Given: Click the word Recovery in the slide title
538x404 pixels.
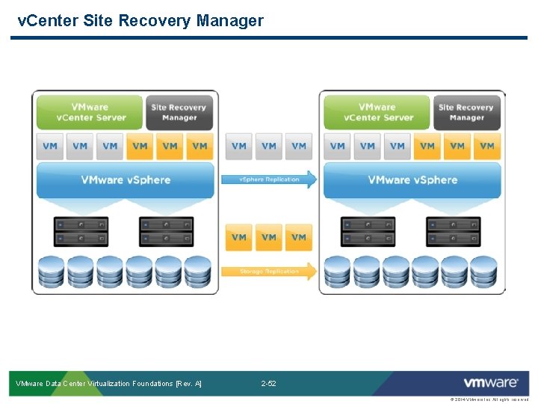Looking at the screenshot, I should click(x=159, y=20).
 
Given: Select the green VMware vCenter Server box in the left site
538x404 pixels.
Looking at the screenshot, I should click(x=90, y=112).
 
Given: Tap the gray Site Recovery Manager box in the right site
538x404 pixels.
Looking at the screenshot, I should click(x=466, y=112).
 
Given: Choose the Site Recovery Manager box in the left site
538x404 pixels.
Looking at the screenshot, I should click(x=179, y=112).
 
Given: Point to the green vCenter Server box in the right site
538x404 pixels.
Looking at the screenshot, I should click(x=377, y=112).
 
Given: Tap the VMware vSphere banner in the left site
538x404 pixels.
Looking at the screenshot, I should click(x=126, y=180).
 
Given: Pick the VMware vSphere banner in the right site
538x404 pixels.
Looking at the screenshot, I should click(x=412, y=180).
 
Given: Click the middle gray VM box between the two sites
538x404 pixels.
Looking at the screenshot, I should click(x=269, y=146).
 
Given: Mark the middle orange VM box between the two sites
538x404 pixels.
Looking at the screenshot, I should click(x=269, y=237).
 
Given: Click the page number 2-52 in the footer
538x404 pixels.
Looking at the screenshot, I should click(x=268, y=384).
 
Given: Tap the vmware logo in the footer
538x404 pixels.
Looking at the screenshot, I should click(x=490, y=383).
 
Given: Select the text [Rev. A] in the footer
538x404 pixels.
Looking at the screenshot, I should click(x=188, y=384).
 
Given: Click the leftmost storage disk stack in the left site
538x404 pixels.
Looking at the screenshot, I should click(x=52, y=272).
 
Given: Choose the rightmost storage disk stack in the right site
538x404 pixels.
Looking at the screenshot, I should click(x=485, y=272).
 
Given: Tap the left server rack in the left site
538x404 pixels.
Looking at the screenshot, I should click(x=81, y=232).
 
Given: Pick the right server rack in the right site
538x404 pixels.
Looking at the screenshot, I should click(x=453, y=232).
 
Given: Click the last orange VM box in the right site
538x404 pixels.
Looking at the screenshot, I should click(x=487, y=146).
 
